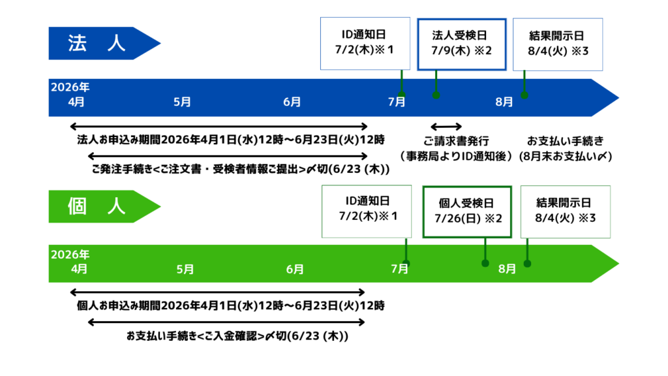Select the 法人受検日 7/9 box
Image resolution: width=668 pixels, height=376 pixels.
(462, 43)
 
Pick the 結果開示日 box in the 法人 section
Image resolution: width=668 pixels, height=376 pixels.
(557, 43)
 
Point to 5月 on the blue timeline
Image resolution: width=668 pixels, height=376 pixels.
(183, 102)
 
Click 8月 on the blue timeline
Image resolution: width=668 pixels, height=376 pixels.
(504, 102)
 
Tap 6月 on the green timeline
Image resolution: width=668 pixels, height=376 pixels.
(295, 269)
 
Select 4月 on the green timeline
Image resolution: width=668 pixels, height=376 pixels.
(79, 269)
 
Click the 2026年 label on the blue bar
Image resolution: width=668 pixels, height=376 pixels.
(70, 86)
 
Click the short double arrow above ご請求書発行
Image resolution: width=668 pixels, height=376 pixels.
(446, 126)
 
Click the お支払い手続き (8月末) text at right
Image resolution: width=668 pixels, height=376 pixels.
(566, 149)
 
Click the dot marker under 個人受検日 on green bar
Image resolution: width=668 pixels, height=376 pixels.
(485, 264)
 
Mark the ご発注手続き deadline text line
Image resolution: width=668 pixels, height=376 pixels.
(240, 170)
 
